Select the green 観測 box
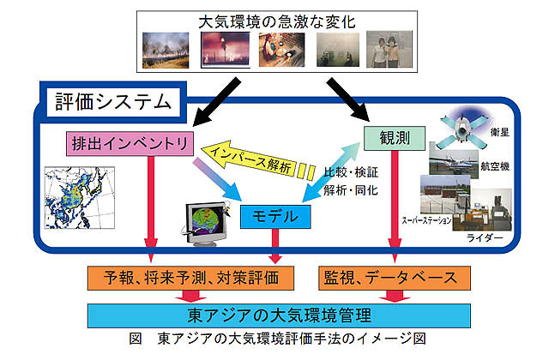pyautogui.click(x=395, y=137)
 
